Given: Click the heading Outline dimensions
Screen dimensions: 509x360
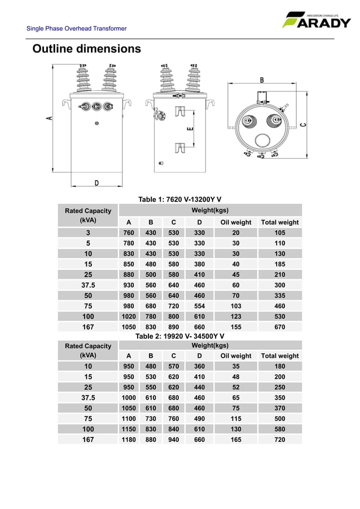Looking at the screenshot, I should tap(86, 49).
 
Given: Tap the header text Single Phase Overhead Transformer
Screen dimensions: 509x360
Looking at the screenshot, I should tap(77, 29).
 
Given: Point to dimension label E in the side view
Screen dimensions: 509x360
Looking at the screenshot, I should tap(190, 129).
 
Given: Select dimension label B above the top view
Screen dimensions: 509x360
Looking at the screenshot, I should tap(262, 81).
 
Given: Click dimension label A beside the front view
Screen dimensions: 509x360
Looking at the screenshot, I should tap(49, 119).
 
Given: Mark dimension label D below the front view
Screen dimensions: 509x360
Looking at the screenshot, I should tap(96, 183).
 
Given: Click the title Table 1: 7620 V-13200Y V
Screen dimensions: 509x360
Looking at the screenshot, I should tap(179, 199).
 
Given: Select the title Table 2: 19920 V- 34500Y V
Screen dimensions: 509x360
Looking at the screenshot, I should tap(179, 336).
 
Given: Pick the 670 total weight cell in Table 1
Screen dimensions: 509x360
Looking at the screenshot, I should tap(279, 327).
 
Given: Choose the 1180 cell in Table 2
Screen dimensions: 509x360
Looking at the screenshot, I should tap(129, 439).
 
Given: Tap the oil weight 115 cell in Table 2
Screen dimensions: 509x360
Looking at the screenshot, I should tap(236, 418).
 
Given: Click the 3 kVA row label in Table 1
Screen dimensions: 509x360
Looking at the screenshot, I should tap(88, 232).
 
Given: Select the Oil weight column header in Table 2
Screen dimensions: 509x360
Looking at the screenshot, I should tap(236, 356).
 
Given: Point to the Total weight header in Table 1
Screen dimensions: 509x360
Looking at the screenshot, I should tap(279, 222).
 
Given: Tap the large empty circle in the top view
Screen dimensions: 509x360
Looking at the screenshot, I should tap(262, 141).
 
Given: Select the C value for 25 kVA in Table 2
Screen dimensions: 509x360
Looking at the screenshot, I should tap(174, 387).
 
